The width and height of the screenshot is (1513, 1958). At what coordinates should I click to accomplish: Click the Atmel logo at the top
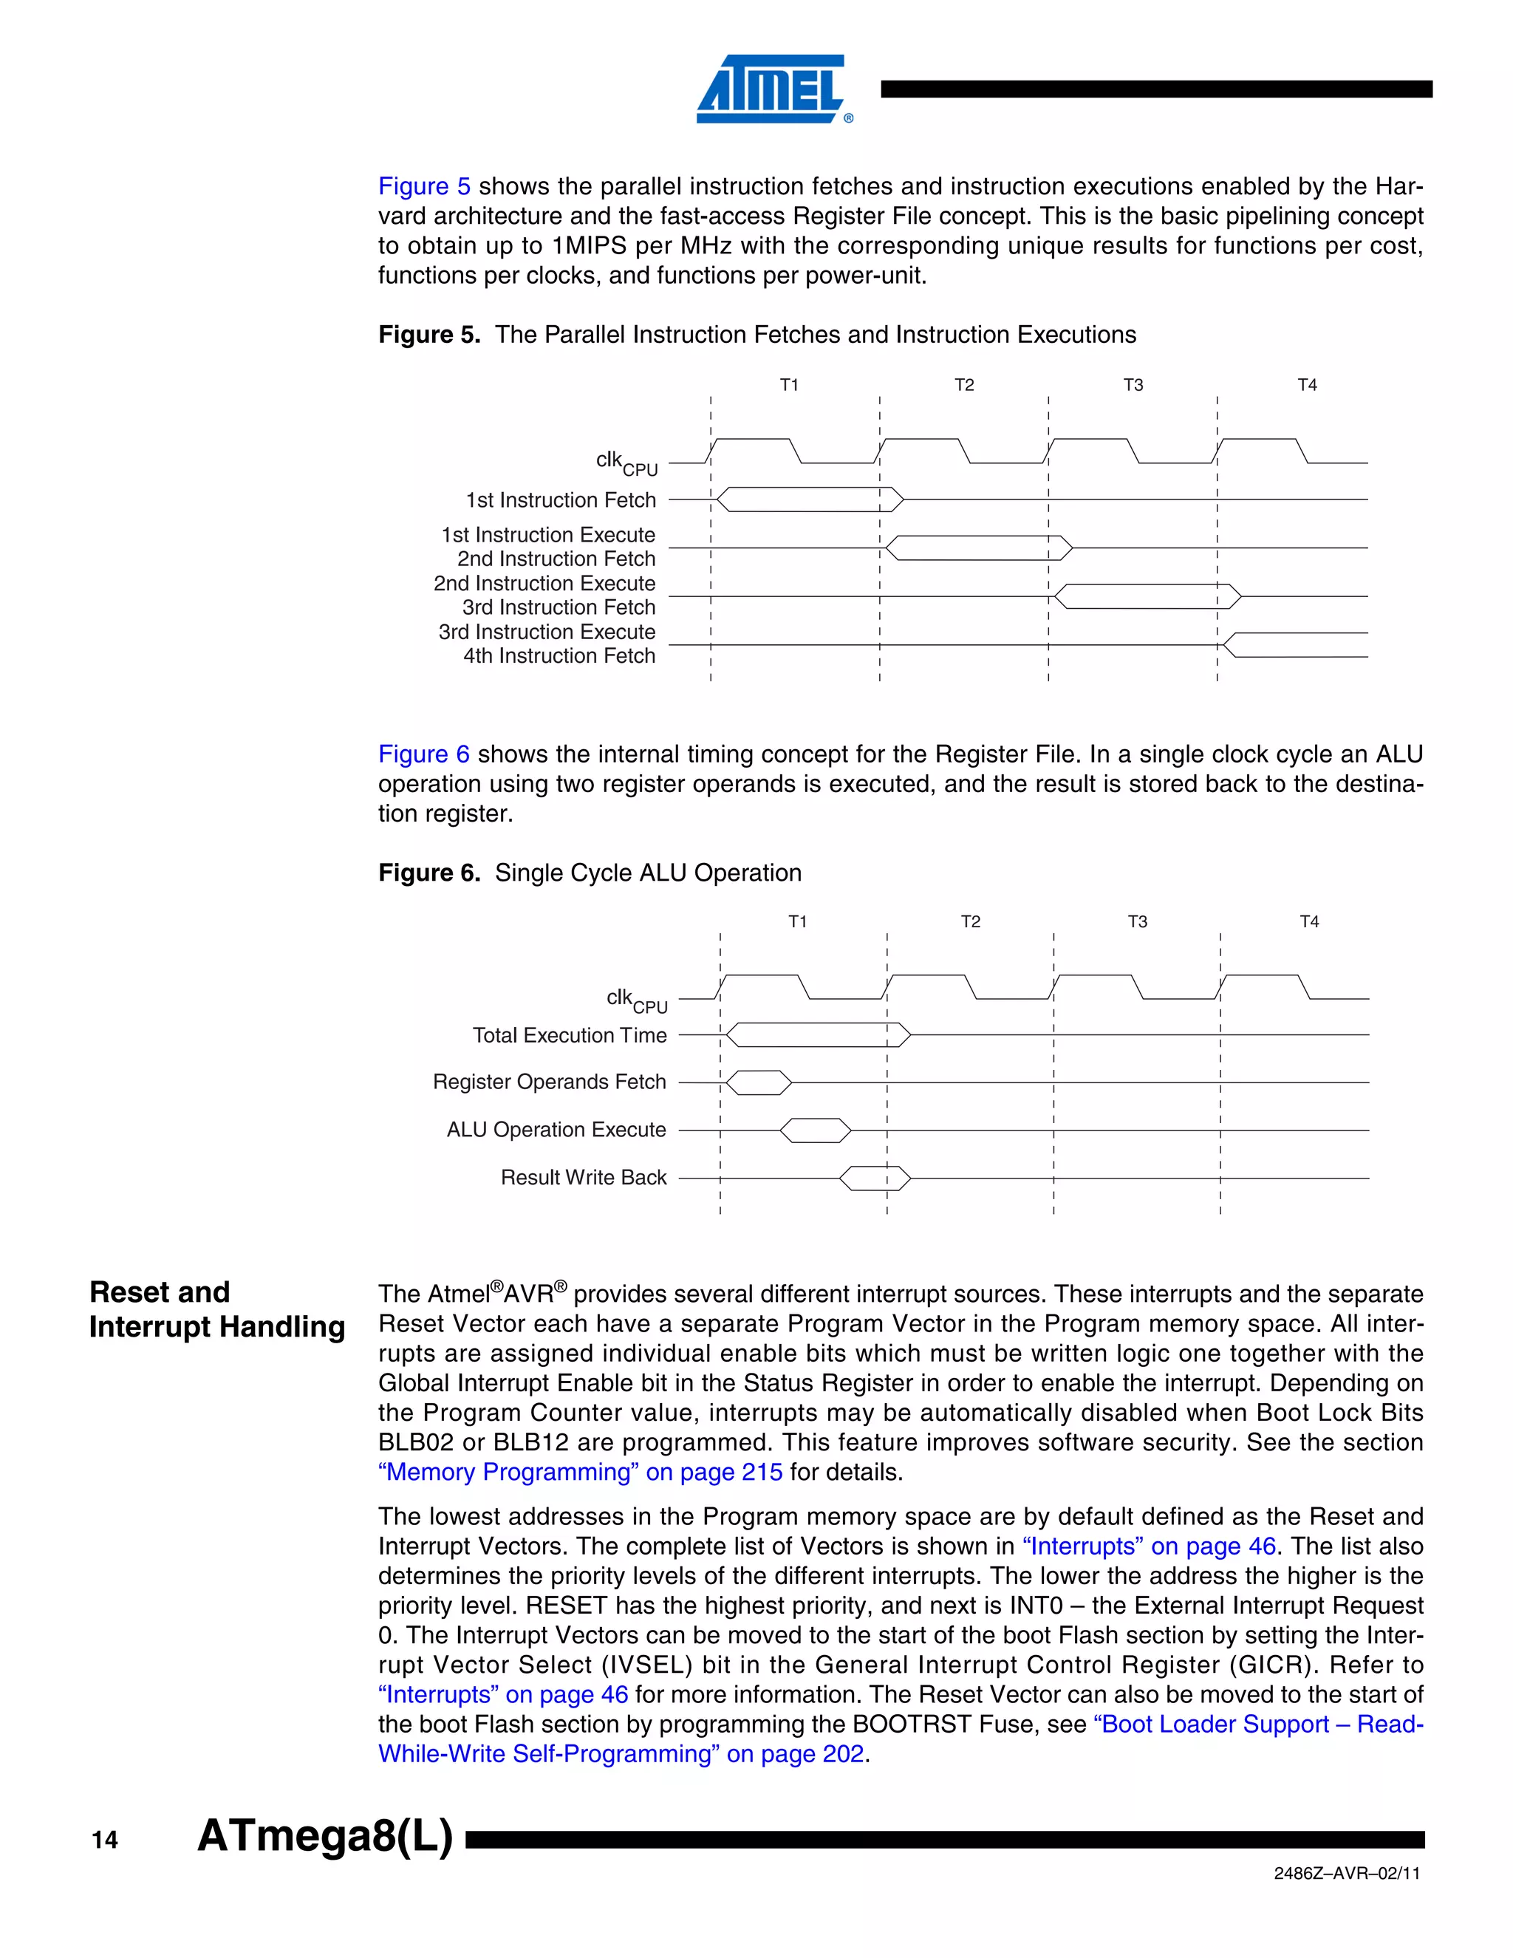click(773, 89)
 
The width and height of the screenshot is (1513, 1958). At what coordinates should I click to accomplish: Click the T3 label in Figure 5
click(1133, 385)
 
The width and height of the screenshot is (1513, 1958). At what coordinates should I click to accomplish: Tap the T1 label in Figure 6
click(797, 921)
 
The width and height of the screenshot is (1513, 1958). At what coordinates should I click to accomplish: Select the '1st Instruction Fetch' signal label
click(560, 500)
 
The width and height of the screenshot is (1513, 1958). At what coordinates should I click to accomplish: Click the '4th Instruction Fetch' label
click(559, 656)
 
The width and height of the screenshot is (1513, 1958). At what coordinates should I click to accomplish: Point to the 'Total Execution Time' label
click(569, 1035)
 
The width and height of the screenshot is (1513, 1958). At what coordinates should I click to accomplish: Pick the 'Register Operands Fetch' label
click(550, 1082)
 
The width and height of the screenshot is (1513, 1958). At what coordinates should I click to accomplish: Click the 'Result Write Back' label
click(584, 1177)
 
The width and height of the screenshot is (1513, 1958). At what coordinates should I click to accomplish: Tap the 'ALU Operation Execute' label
click(556, 1130)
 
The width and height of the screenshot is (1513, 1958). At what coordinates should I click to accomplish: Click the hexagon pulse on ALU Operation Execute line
click(815, 1130)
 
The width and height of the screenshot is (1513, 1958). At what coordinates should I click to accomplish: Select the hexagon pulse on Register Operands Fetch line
click(758, 1083)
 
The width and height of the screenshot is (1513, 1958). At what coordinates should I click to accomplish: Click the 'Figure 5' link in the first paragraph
click(424, 186)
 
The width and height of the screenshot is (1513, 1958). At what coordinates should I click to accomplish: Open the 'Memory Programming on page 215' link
click(580, 1472)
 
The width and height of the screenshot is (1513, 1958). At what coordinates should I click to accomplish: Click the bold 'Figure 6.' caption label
click(429, 873)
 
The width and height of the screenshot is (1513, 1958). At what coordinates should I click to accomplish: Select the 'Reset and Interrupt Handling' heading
click(217, 1309)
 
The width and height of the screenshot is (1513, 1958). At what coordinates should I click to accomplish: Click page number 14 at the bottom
click(105, 1841)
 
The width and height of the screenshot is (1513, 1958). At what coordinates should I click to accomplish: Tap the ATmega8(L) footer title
click(324, 1835)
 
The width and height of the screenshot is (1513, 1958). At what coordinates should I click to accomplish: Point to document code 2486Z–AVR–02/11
click(1346, 1873)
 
